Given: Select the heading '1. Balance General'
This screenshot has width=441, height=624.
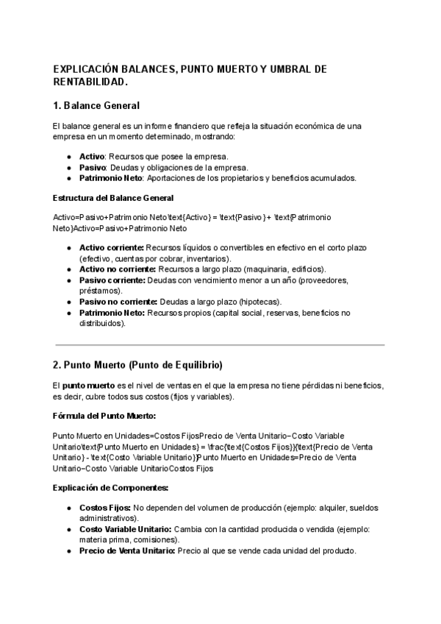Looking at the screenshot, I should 96,106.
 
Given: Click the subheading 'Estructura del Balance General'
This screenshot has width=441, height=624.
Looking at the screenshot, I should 113,198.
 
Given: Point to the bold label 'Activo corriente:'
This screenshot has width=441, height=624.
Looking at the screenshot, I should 112,248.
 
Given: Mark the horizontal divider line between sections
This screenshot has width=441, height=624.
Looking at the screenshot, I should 220,344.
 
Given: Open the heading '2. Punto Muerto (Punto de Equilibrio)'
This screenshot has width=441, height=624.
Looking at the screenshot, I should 137,365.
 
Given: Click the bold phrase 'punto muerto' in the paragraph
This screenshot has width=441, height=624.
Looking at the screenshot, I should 89,386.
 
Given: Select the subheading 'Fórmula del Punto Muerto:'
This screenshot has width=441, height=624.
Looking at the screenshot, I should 104,416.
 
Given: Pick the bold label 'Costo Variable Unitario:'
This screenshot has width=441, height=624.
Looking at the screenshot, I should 126,530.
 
